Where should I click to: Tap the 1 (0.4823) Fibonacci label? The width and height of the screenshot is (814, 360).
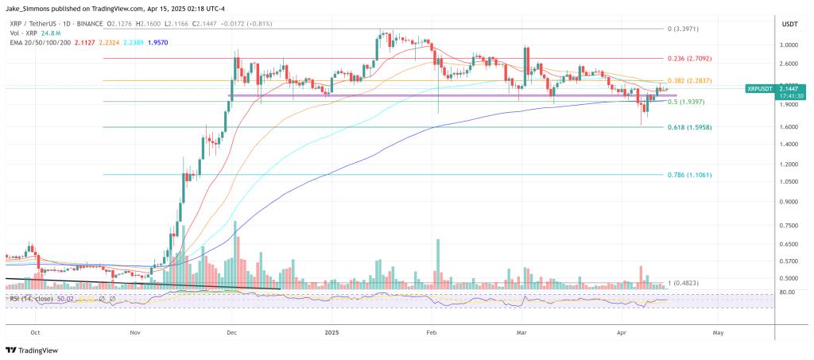point(685,283)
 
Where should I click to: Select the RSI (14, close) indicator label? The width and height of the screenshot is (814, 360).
point(32,299)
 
